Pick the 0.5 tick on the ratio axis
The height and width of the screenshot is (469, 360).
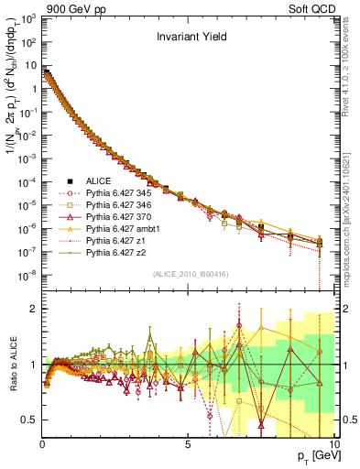pyautogui.click(x=30, y=420)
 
